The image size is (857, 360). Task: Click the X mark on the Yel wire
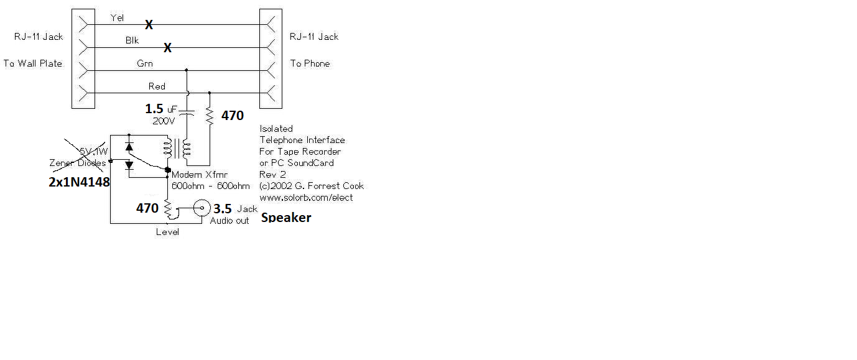[149, 25]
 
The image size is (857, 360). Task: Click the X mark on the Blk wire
[167, 48]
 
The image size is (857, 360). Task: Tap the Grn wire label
[145, 63]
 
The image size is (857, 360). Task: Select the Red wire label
[157, 86]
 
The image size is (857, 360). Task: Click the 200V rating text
[164, 121]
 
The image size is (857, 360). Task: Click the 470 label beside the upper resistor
[233, 115]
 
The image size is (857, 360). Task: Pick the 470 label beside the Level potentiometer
[147, 208]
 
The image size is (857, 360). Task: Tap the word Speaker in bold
[286, 218]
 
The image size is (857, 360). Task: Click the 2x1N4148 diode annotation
[80, 183]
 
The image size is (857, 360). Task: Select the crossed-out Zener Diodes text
[78, 163]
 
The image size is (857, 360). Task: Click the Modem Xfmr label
[195, 175]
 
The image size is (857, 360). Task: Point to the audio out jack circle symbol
[201, 208]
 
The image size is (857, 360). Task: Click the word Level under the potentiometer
[168, 232]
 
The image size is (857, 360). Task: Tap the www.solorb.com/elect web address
[306, 197]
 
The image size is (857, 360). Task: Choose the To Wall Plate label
[33, 63]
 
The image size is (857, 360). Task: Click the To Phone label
[310, 63]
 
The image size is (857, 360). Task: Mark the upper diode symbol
[129, 146]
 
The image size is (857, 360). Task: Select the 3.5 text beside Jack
[223, 208]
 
